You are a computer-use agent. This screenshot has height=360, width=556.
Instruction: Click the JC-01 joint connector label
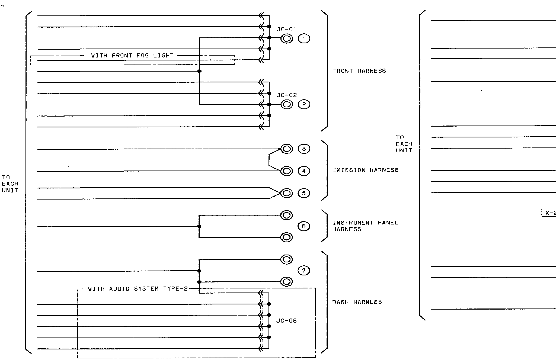(x=286, y=29)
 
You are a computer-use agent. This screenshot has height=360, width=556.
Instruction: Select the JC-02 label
(x=287, y=95)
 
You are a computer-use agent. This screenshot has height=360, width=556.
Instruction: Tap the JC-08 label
(x=286, y=321)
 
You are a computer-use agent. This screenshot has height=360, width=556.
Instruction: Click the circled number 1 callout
(x=304, y=39)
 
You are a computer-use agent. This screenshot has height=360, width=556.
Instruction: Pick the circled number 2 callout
(x=304, y=104)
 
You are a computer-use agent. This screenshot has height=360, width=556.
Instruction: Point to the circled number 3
(x=304, y=149)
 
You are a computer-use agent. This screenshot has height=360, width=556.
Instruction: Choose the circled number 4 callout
(x=304, y=171)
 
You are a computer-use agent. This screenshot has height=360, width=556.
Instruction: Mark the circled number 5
(x=304, y=193)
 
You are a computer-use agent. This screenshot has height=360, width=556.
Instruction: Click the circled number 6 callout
(x=303, y=226)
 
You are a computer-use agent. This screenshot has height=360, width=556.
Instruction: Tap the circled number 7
(x=303, y=271)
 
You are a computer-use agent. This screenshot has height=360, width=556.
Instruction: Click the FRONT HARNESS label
(x=359, y=71)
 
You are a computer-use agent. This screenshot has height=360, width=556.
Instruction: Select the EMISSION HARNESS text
(x=365, y=170)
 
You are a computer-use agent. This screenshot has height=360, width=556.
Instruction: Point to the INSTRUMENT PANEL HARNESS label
(x=365, y=226)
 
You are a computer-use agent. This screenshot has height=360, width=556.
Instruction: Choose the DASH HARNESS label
(x=357, y=302)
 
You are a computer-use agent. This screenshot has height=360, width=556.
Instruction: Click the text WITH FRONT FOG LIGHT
(x=132, y=56)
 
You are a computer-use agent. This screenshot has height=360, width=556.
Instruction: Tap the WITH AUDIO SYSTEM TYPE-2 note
(x=138, y=289)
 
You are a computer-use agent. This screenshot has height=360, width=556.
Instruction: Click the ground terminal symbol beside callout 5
(x=287, y=193)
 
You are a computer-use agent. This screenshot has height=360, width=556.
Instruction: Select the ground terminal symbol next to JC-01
(x=287, y=39)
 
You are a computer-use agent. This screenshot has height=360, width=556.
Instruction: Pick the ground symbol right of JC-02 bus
(x=287, y=104)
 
